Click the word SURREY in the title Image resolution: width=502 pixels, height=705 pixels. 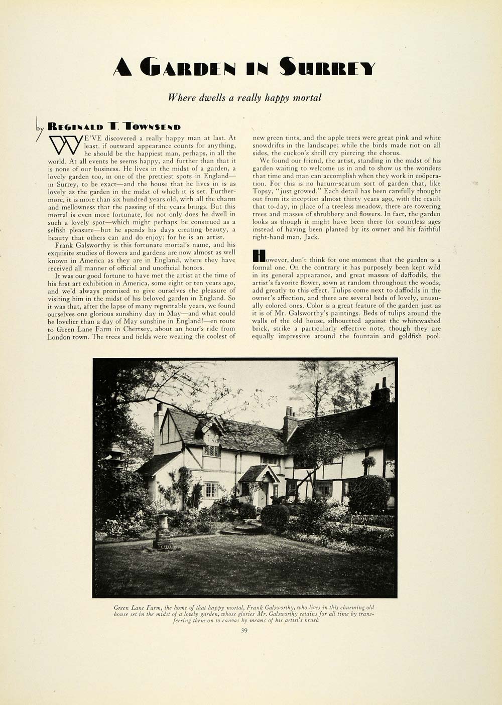327,67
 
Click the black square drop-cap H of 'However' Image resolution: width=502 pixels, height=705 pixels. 258,255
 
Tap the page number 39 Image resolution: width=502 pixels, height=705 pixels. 244,631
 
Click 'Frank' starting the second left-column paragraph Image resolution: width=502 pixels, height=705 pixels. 64,245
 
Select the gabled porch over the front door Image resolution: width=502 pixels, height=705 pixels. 259,474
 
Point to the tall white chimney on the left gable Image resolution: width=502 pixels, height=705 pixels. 158,427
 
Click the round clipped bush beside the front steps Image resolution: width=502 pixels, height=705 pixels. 275,515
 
